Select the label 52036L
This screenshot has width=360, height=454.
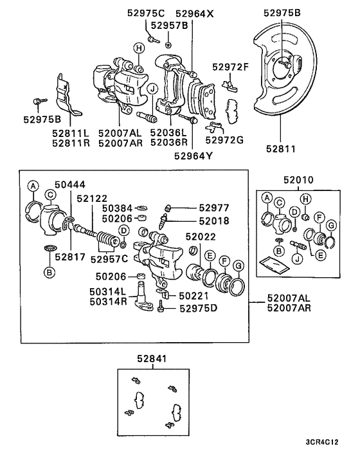[169, 132]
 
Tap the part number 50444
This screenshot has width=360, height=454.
[69, 185]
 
